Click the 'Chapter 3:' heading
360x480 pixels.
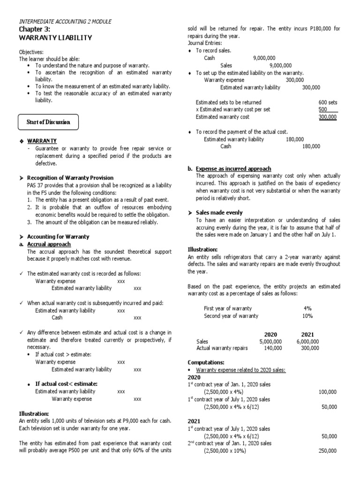coord(34,29)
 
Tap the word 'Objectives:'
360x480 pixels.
coord(31,52)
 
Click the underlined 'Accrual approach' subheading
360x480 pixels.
coord(49,244)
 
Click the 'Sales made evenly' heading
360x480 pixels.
coord(219,212)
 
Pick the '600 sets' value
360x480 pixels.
coord(327,102)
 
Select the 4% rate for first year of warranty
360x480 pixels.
coord(307,308)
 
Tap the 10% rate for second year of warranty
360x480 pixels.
coord(307,316)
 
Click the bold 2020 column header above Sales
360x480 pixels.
coord(270,334)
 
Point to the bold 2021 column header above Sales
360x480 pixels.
coord(307,334)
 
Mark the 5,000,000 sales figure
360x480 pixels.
coord(270,342)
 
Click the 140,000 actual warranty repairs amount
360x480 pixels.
coord(272,348)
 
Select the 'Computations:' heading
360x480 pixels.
coord(206,362)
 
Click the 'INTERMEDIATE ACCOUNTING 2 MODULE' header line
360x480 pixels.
coord(65,22)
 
